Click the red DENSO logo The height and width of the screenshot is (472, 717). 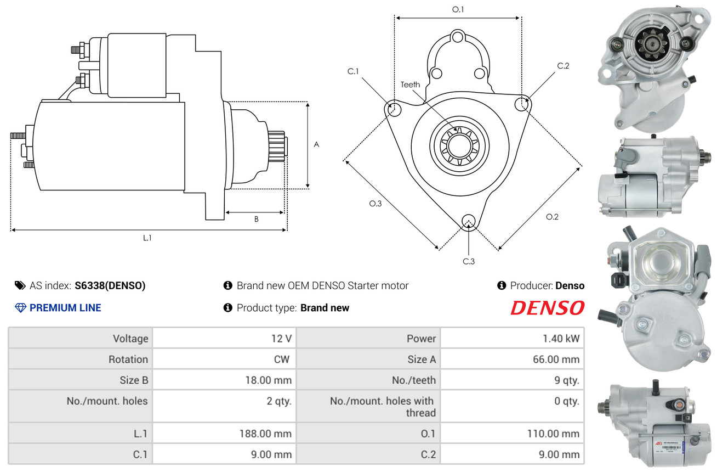coord(548,307)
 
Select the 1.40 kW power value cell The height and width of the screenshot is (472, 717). coord(512,339)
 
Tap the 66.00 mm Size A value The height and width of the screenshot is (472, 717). coord(556,359)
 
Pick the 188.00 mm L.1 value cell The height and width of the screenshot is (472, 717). coord(224,433)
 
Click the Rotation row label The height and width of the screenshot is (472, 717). coord(128,359)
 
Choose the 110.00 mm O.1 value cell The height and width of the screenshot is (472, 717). coord(512,433)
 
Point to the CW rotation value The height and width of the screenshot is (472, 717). coord(282,359)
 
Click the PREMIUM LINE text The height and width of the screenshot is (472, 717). coord(65,307)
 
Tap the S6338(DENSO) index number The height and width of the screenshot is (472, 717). coord(110,285)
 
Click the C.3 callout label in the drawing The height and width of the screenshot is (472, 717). coord(469,261)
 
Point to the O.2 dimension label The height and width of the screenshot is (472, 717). coord(552,217)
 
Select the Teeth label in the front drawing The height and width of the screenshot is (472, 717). coord(410,85)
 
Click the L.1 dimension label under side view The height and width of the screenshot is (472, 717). coord(147,238)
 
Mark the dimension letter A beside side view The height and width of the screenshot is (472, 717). coord(316,144)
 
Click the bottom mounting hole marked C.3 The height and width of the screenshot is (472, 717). coord(469,221)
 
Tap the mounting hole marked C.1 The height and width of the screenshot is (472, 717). coord(394,109)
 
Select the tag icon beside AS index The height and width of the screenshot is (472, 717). coord(20,285)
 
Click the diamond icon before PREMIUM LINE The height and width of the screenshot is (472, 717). coord(21,308)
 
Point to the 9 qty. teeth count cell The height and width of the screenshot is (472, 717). coord(512,380)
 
